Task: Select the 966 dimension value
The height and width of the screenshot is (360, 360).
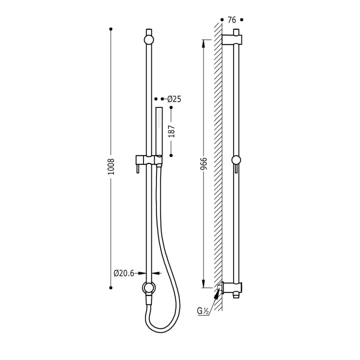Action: point(203,163)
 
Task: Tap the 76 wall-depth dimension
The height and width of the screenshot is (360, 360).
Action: point(231,20)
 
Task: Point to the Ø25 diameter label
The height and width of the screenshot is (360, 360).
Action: point(174,99)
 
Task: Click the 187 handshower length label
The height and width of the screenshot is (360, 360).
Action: point(171,131)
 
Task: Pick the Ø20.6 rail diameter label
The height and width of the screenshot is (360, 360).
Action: point(124,273)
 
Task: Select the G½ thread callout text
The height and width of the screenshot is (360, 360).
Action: point(202,311)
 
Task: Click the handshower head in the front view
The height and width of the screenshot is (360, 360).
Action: point(159,131)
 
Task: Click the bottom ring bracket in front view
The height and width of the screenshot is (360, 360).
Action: point(149,287)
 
